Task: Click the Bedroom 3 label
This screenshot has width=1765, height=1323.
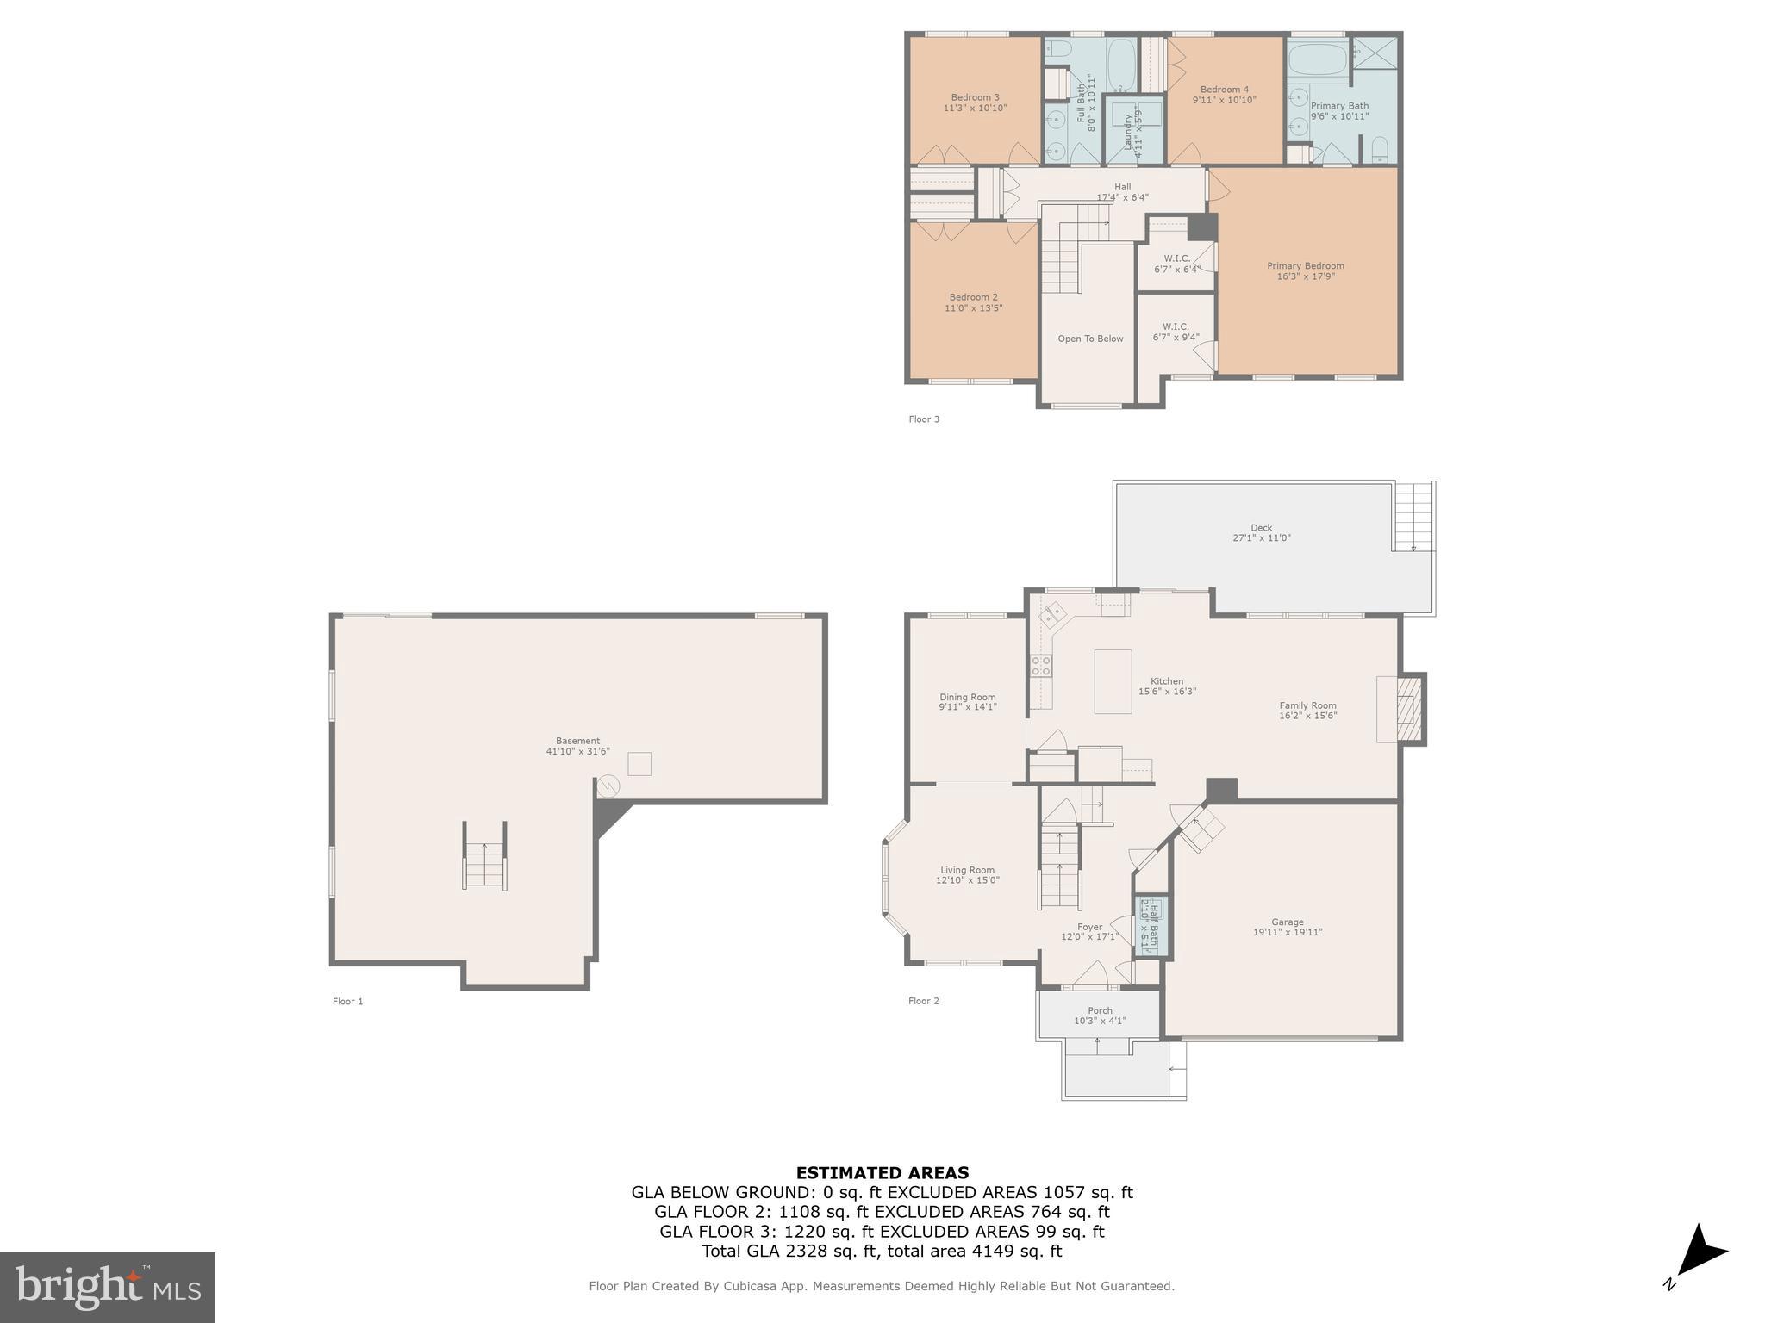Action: tap(975, 97)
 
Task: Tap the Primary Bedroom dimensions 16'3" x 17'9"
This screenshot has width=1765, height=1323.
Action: tap(1305, 276)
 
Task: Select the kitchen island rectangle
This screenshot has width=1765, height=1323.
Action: tap(1113, 681)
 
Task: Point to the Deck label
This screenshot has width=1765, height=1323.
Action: tap(1261, 528)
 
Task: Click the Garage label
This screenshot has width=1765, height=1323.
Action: tap(1288, 922)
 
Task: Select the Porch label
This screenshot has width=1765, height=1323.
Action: tap(1100, 1010)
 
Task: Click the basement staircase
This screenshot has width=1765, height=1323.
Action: tap(485, 856)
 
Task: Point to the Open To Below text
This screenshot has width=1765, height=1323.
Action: tap(1090, 339)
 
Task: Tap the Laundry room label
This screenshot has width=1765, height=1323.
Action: tap(1126, 131)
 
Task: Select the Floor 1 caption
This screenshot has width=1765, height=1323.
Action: tap(347, 1001)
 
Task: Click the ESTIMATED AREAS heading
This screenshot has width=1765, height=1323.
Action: tap(882, 1172)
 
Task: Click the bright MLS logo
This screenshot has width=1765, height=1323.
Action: tap(108, 1287)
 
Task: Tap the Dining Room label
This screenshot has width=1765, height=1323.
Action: tap(967, 697)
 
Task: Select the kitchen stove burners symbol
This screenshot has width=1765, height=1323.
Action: tap(1040, 664)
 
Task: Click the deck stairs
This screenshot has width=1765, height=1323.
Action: tap(1413, 517)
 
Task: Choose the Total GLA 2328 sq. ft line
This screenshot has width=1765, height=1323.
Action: tap(882, 1252)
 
